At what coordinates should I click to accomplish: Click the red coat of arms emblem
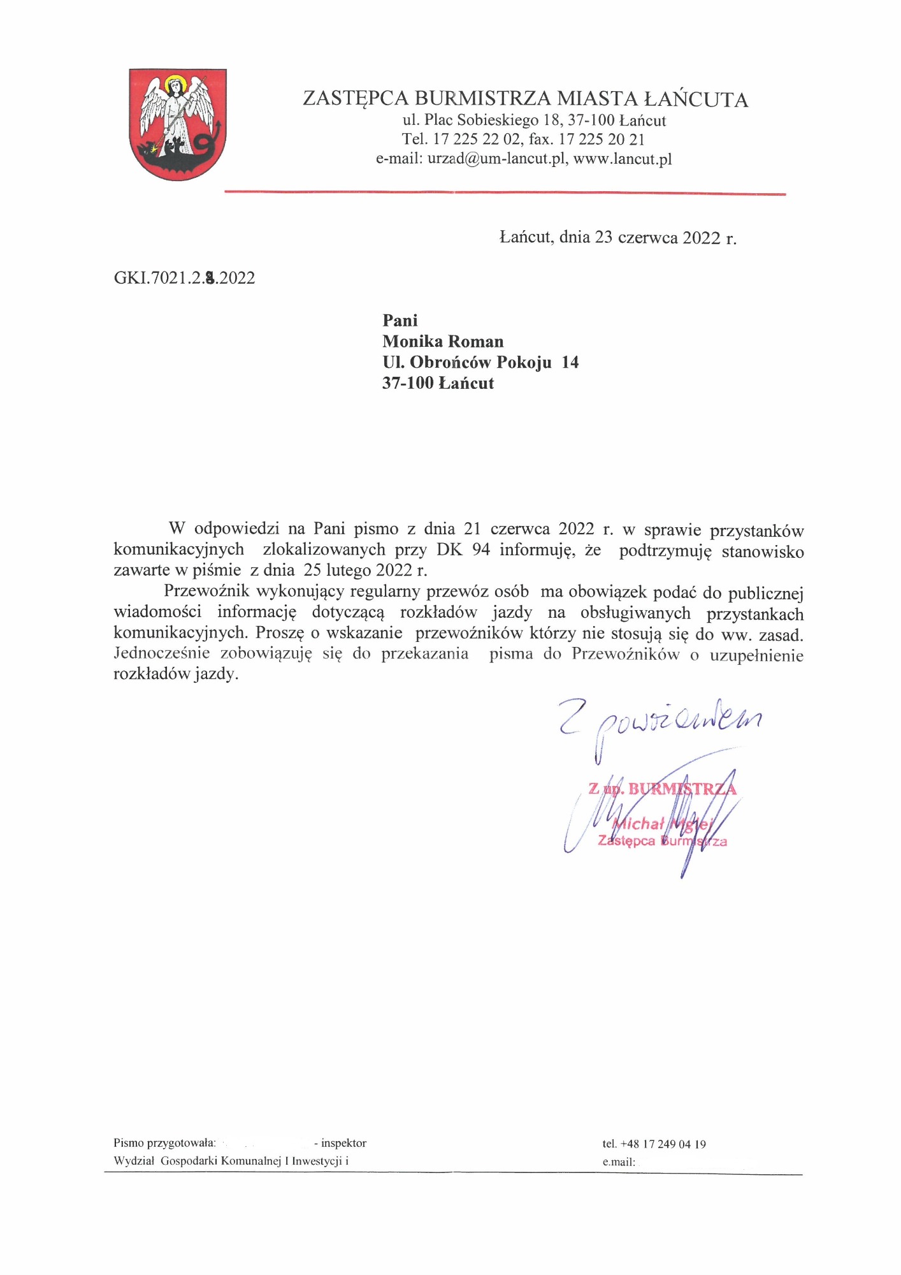178,124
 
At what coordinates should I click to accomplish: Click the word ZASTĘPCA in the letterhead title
355,99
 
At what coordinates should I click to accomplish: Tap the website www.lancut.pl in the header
623,159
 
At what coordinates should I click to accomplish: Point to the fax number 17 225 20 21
602,140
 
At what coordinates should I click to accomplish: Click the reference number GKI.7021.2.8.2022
184,278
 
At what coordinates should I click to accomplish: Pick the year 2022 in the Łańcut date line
702,238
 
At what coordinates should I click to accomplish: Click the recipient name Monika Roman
443,342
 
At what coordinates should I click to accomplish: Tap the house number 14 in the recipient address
570,363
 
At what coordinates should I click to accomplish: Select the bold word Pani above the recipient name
400,321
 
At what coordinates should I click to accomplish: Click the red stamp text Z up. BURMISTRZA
662,789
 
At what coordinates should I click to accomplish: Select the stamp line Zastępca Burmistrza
662,841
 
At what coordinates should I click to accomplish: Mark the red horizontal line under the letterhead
505,193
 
